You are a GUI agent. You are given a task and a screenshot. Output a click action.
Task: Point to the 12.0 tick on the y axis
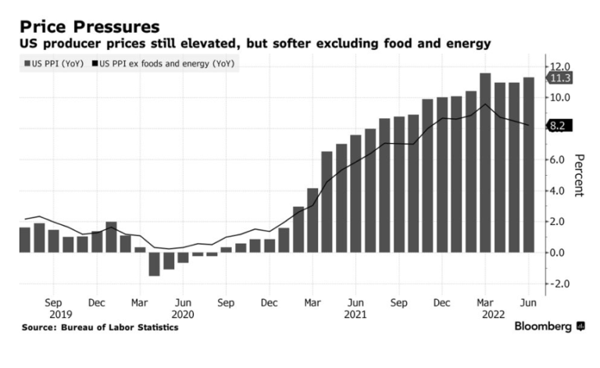[560, 66]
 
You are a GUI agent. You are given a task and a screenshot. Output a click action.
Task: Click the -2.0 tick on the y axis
[560, 284]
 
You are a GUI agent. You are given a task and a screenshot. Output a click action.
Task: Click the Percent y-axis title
[579, 174]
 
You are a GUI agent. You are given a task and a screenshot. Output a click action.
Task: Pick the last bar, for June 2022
[528, 165]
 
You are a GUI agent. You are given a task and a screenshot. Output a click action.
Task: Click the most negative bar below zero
[155, 264]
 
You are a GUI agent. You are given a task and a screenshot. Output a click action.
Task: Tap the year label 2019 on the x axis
[53, 314]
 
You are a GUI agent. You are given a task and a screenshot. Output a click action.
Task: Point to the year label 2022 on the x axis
[485, 314]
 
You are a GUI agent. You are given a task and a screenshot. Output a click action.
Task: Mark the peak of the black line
[485, 105]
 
